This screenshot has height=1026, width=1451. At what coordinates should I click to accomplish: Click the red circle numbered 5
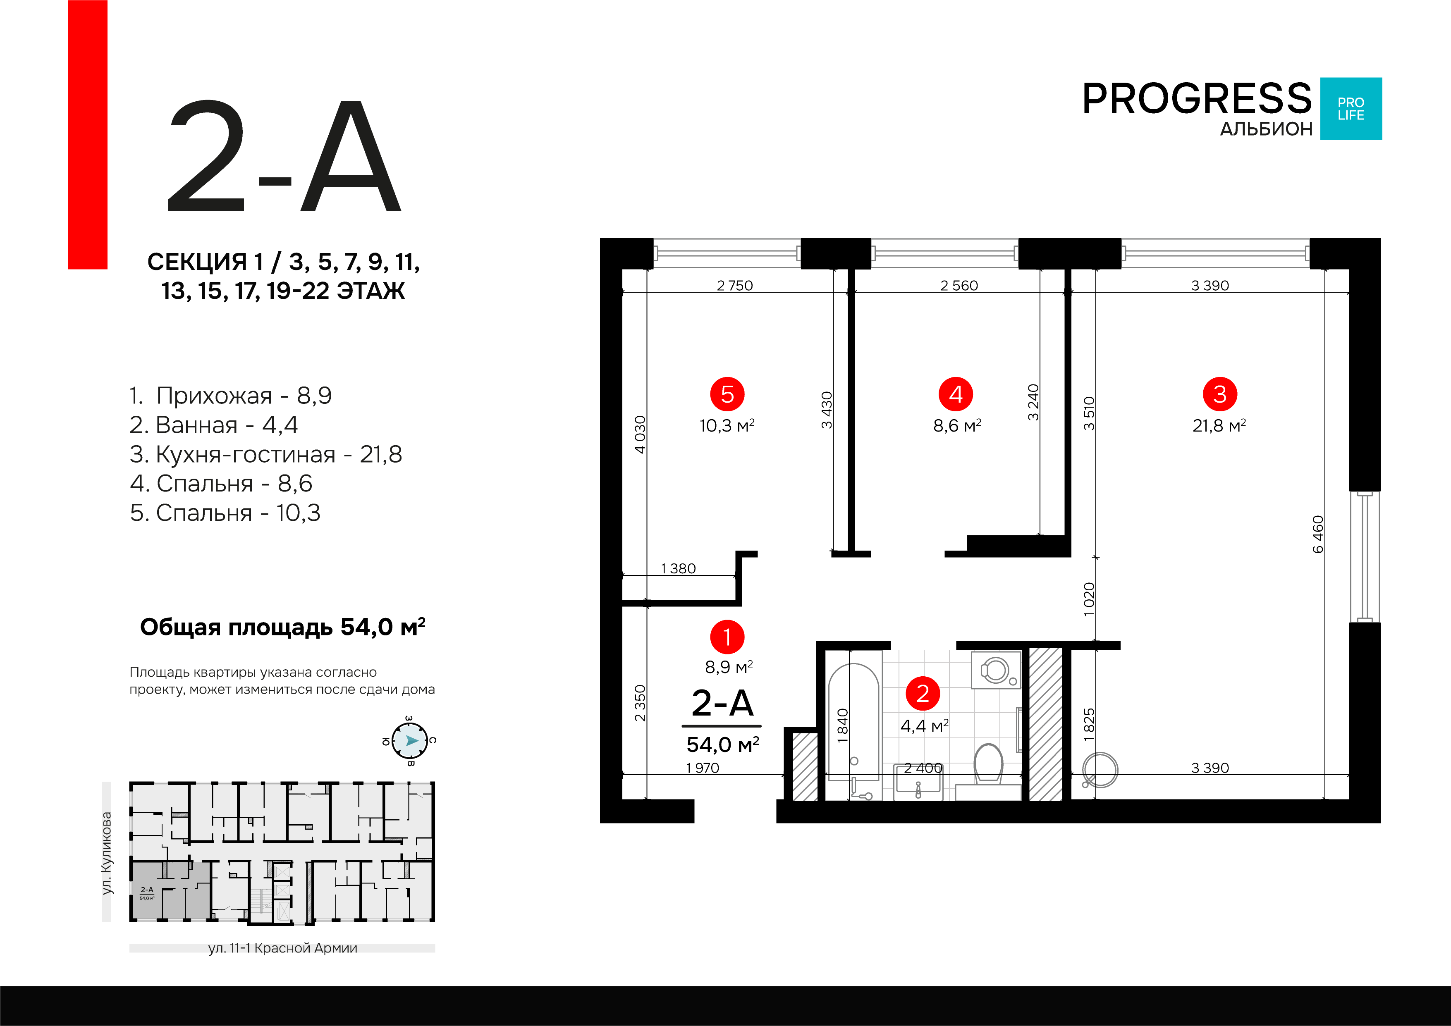[727, 394]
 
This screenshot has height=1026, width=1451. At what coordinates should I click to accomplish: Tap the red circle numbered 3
[1220, 394]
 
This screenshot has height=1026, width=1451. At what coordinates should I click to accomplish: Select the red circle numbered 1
[727, 637]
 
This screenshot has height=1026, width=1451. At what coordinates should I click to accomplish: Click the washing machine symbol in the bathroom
[996, 670]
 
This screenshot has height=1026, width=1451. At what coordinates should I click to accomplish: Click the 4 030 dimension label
[640, 434]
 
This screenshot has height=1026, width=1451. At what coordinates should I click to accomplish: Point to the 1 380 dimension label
[678, 568]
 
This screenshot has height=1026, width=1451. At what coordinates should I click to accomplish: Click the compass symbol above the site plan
[409, 740]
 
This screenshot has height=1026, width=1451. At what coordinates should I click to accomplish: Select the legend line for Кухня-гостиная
[265, 454]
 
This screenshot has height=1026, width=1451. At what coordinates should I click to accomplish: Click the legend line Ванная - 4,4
[214, 425]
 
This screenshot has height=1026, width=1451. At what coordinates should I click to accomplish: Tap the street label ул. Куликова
[107, 853]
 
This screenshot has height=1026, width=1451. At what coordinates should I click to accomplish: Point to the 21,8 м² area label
[1219, 426]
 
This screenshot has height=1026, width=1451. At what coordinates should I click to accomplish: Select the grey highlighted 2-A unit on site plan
[170, 891]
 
